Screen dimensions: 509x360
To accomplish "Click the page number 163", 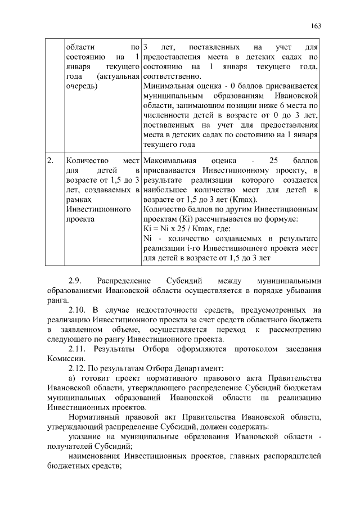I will click(x=316, y=26).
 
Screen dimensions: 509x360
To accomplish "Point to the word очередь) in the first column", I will click(x=81, y=87).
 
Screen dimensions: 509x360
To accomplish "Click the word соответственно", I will click(x=172, y=76).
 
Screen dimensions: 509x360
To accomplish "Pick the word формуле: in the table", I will click(x=282, y=219).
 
